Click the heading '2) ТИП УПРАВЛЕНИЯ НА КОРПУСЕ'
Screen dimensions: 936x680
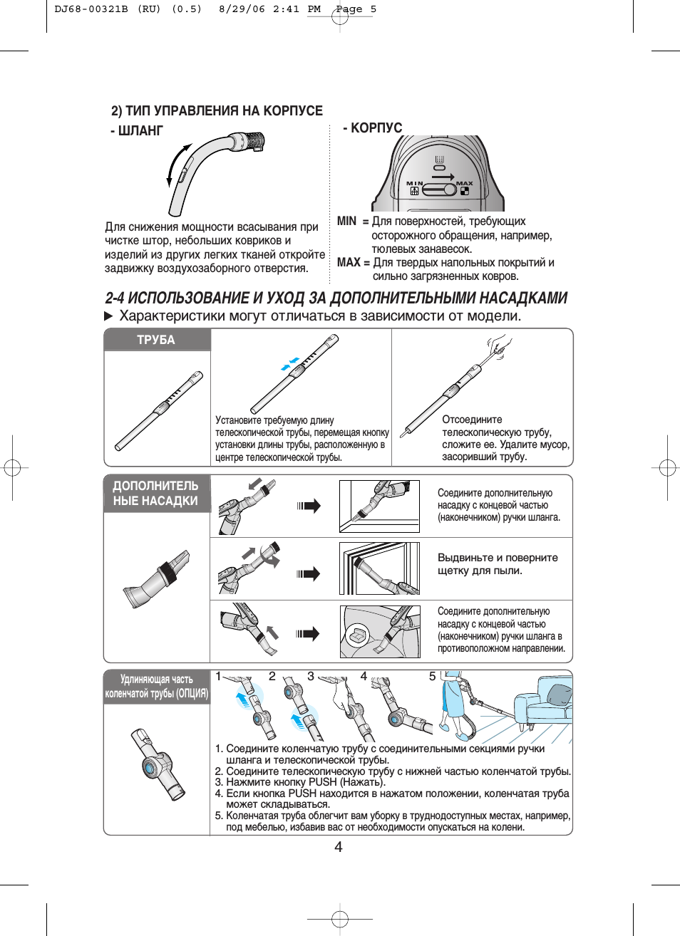pyautogui.click(x=217, y=110)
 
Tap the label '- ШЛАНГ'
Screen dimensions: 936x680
pyautogui.click(x=137, y=131)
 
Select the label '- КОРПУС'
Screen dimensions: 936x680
pyautogui.click(x=373, y=128)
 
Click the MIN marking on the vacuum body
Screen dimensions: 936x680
pyautogui.click(x=414, y=183)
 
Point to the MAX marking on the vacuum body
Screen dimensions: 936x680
pyautogui.click(x=465, y=183)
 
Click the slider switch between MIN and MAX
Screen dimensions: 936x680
pyautogui.click(x=440, y=189)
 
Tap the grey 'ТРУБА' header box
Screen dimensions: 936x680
pyautogui.click(x=157, y=340)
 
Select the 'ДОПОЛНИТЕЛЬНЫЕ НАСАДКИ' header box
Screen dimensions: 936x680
pyautogui.click(x=156, y=493)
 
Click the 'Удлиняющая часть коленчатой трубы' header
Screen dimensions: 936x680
pyautogui.click(x=156, y=686)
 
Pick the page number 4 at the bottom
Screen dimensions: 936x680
pyautogui.click(x=339, y=846)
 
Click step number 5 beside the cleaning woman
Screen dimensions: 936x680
pyautogui.click(x=432, y=676)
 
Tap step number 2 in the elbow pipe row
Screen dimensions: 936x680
pyautogui.click(x=272, y=676)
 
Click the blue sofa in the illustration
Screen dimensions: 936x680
pyautogui.click(x=545, y=702)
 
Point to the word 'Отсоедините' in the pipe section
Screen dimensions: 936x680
pyautogui.click(x=472, y=420)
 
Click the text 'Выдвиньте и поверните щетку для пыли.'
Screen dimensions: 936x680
pyautogui.click(x=498, y=564)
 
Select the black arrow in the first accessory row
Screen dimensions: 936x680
pyautogui.click(x=309, y=506)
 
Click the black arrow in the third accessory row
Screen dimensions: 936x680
pyautogui.click(x=309, y=633)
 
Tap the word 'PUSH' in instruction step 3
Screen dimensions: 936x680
pyautogui.click(x=322, y=781)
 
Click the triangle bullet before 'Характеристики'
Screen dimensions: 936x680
pyautogui.click(x=109, y=316)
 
